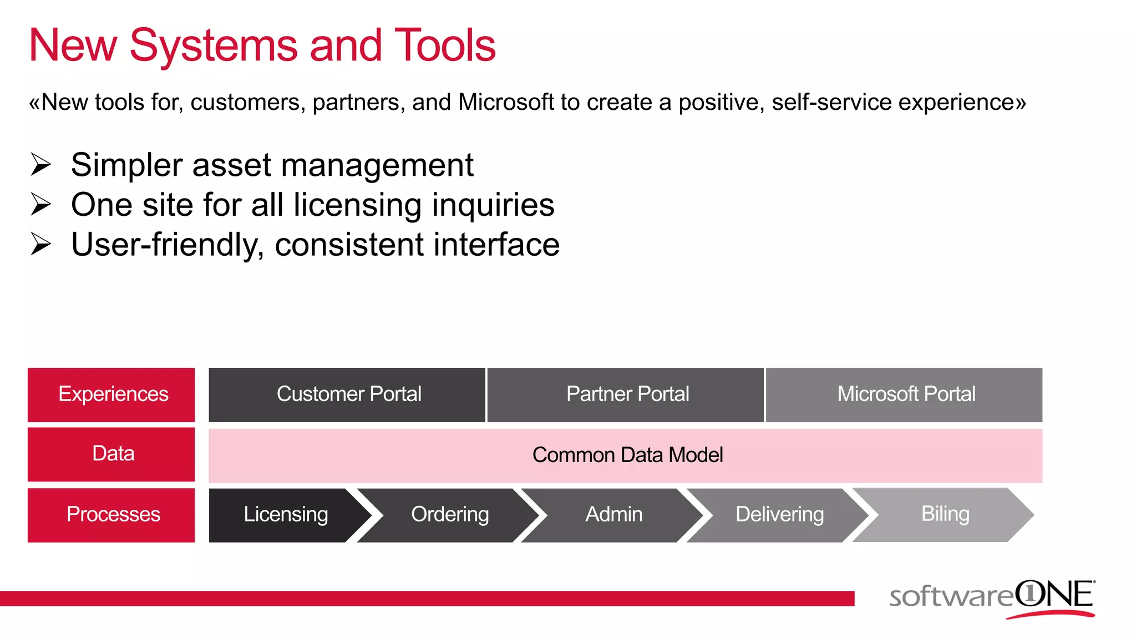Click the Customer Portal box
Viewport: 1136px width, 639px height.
click(347, 394)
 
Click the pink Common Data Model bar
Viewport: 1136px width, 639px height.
click(626, 455)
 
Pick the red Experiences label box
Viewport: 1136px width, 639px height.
click(111, 394)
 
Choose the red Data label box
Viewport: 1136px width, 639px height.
click(111, 454)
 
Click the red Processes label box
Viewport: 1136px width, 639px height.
click(111, 515)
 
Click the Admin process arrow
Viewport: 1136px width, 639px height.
click(613, 515)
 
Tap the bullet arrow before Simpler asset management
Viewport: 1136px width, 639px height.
click(40, 165)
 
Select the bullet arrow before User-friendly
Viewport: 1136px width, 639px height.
click(40, 245)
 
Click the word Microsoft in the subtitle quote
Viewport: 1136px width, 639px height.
click(506, 103)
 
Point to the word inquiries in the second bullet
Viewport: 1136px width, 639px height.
click(493, 205)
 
